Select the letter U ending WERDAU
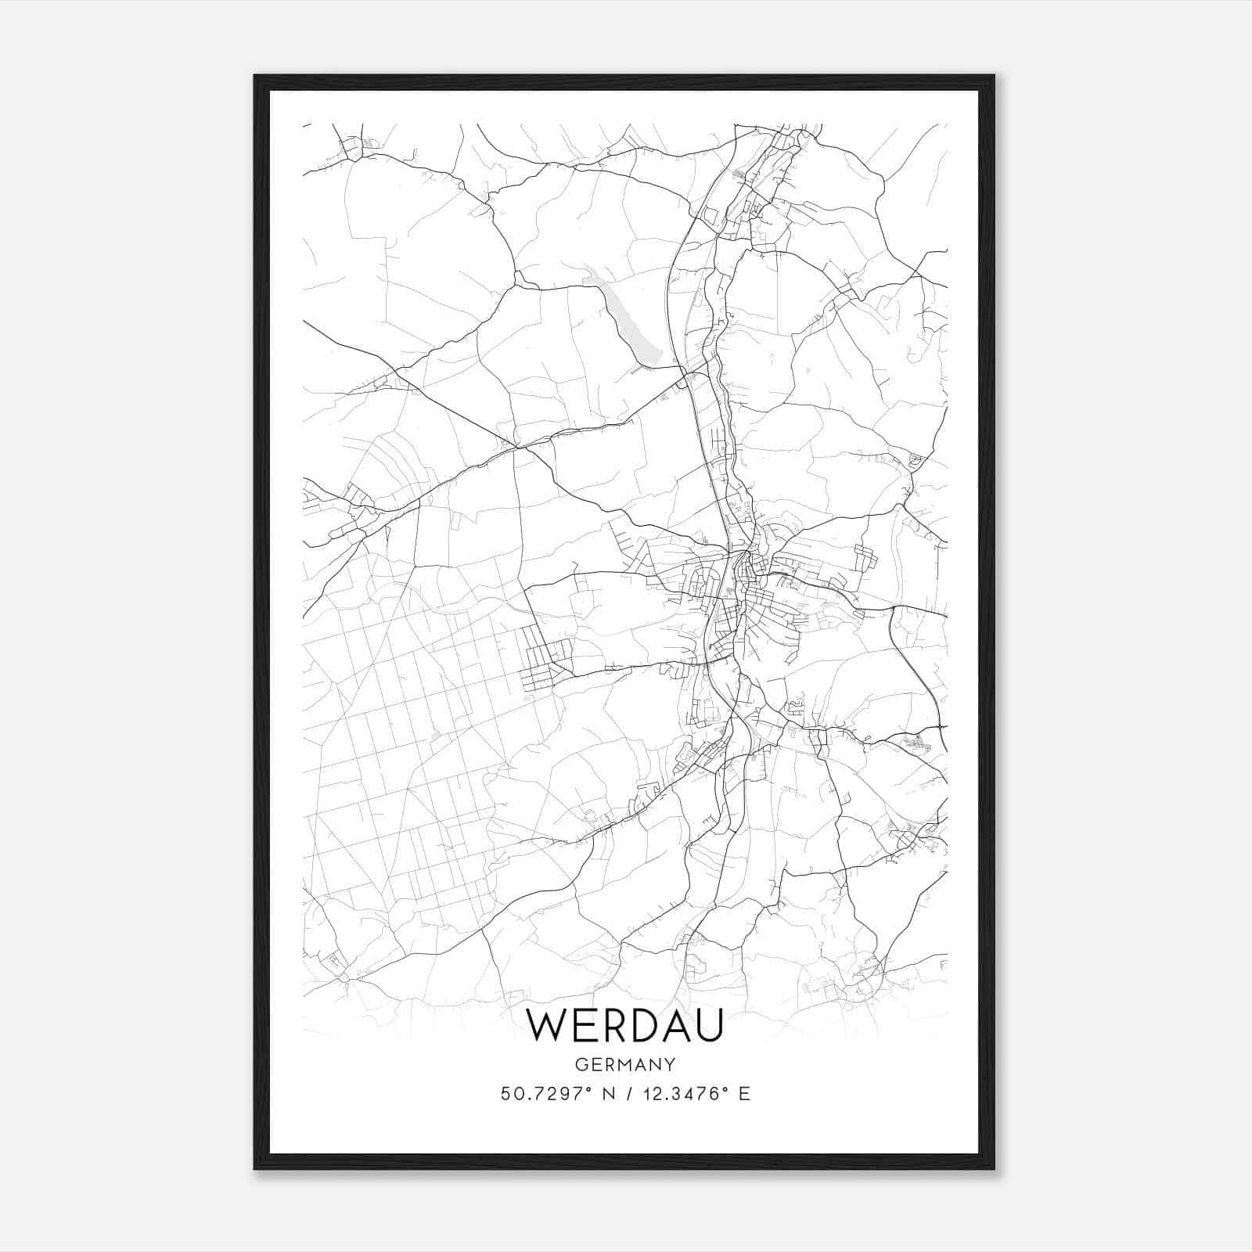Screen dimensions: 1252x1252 [707, 1025]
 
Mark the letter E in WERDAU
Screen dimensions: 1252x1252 [578, 1025]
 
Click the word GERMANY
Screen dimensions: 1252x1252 [625, 1064]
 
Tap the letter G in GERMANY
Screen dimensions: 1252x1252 [581, 1064]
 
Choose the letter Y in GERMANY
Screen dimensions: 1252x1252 [670, 1064]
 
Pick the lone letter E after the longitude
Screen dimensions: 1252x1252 [744, 1093]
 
